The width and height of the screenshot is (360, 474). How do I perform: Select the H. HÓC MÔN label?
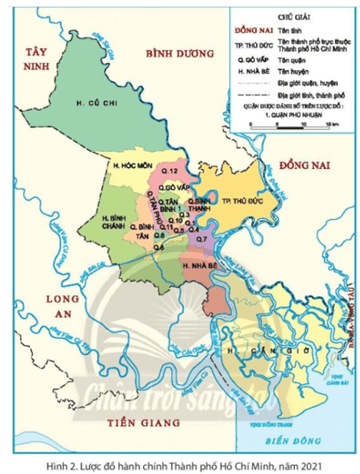(x=129, y=166)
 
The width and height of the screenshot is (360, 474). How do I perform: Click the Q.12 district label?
(x=169, y=170)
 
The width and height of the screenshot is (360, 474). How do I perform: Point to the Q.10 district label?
(x=177, y=221)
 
